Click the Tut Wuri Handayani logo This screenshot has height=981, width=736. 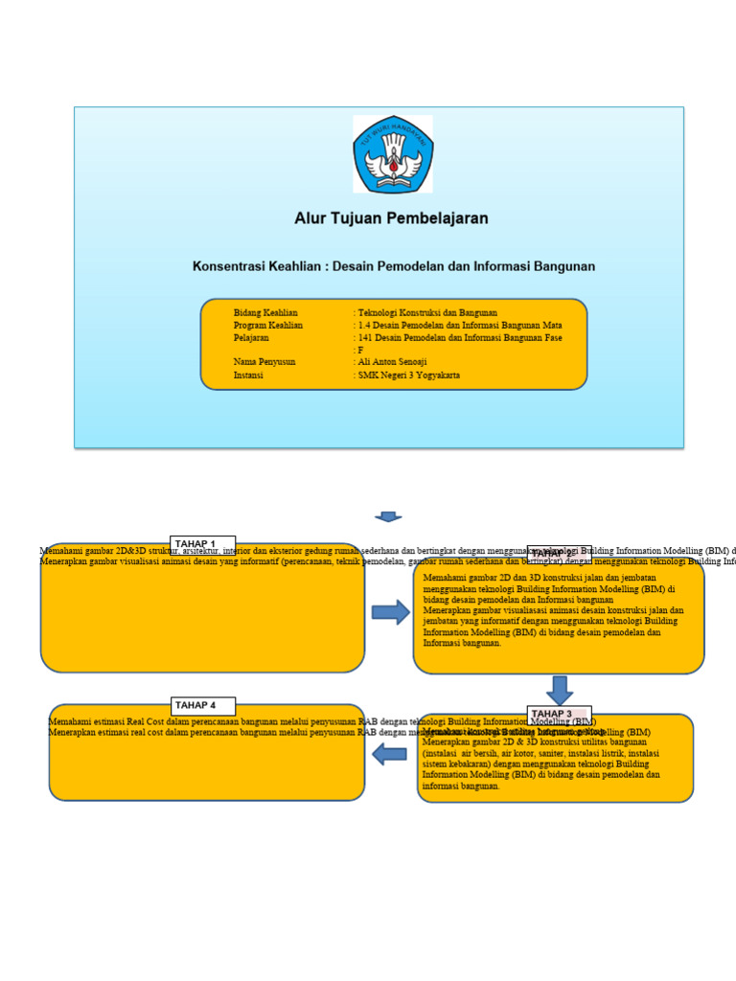tap(393, 154)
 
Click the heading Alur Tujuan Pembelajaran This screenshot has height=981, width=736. tap(391, 218)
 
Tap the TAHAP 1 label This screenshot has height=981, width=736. tap(195, 544)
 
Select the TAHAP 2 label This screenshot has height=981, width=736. tap(553, 553)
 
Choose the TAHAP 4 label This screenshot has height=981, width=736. tap(195, 705)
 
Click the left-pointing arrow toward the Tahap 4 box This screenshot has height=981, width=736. tap(390, 754)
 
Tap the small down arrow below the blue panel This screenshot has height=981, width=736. tap(388, 516)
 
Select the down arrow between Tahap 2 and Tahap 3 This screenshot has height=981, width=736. tap(560, 690)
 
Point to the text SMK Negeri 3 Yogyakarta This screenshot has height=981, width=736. tap(408, 376)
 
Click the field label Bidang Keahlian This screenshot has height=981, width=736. tap(265, 313)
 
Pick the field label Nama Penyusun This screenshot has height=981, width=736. tap(265, 363)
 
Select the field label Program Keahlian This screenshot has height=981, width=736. tap(268, 326)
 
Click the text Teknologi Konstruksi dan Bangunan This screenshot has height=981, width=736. tap(427, 313)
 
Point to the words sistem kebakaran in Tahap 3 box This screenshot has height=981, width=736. tap(453, 764)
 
